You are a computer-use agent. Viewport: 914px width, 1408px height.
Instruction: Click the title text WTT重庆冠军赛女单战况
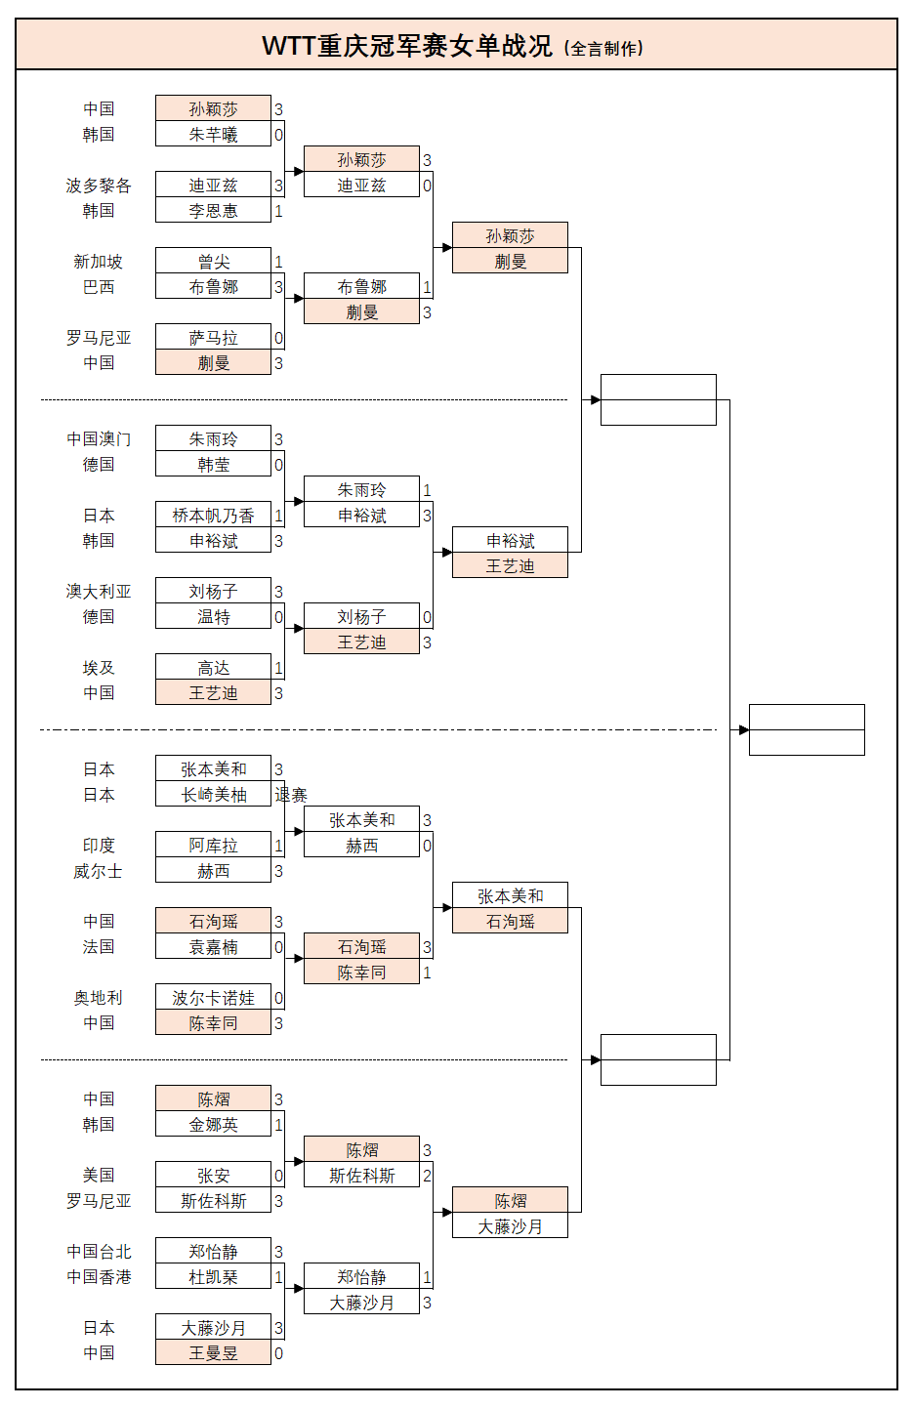point(406,46)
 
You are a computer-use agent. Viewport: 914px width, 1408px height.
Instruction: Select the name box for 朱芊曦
point(213,135)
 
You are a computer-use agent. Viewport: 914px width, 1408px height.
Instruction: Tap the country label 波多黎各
point(99,186)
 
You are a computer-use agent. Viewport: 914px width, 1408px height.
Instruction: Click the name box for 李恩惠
point(213,211)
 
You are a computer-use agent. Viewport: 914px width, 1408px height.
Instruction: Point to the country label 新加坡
point(99,262)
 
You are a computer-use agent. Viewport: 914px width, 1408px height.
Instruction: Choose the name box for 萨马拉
point(213,338)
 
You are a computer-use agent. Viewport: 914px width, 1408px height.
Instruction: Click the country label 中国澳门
point(99,439)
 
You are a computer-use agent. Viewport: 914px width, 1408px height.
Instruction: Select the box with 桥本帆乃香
point(213,516)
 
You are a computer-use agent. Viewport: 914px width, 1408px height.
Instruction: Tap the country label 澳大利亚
point(99,592)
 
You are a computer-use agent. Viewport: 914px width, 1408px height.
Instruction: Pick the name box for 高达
point(213,668)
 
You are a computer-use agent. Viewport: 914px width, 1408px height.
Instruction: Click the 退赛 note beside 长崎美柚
point(291,795)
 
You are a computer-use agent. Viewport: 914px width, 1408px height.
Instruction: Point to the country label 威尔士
point(99,871)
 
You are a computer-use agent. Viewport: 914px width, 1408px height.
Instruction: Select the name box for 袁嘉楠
point(213,947)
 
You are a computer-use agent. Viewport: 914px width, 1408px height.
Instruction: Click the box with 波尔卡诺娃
point(213,998)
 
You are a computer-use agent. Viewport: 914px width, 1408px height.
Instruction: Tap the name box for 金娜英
point(213,1125)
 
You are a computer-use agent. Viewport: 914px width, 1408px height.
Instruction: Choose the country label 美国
point(99,1176)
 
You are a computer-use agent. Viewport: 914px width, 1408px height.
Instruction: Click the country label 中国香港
point(99,1277)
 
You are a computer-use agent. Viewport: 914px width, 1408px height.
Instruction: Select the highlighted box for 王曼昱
point(213,1353)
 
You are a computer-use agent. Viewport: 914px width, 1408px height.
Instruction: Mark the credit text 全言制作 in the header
point(605,48)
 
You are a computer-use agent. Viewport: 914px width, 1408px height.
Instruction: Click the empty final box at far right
point(807,729)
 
